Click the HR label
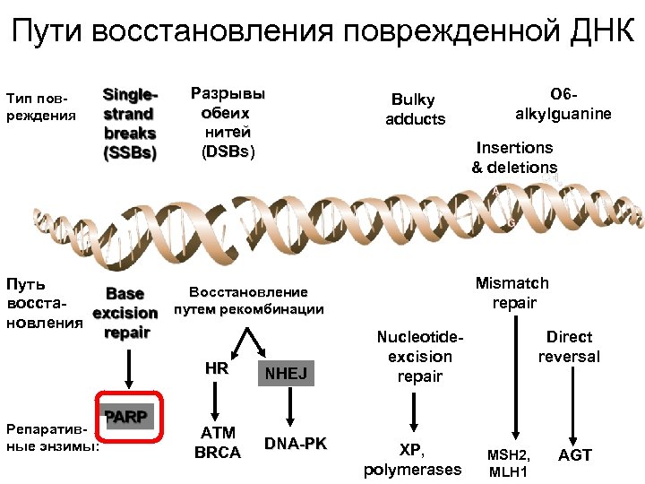coord(216,368)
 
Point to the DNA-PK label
coord(296,444)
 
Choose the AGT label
coord(574,454)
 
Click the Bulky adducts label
coord(415,109)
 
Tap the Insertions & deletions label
coord(514,157)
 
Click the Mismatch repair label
coord(512,293)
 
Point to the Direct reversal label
coord(569,346)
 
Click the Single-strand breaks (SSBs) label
coord(131,123)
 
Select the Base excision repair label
coord(125,313)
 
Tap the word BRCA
coord(218,453)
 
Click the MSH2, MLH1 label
coord(508,463)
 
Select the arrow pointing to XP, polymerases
coord(414,411)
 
